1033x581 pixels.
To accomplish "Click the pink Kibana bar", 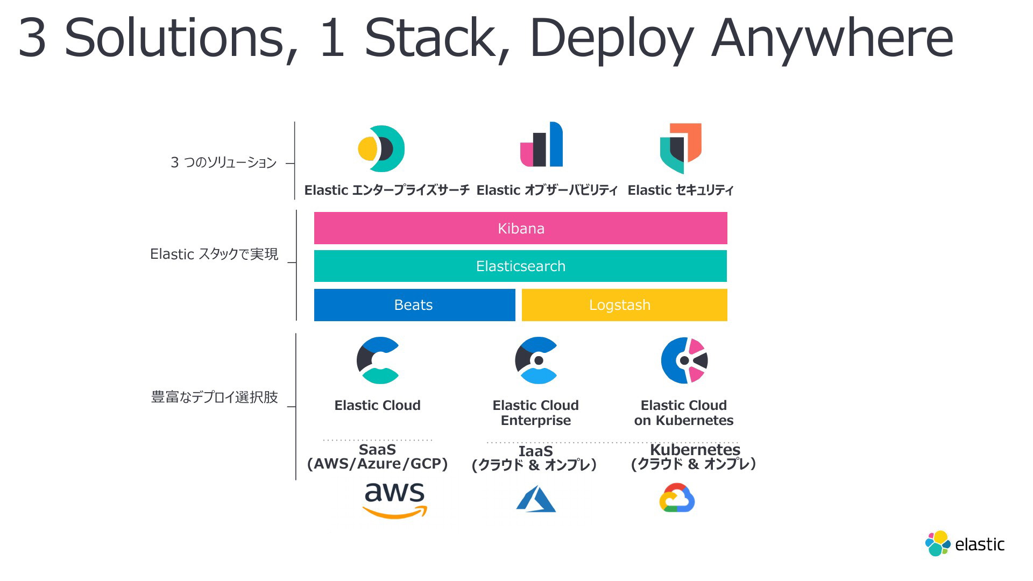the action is [520, 228].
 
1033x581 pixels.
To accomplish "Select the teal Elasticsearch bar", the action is [520, 266].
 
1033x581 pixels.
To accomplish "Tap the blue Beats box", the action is [414, 305].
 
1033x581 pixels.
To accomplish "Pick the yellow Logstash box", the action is [624, 305].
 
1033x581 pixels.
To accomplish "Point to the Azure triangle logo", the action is [536, 499].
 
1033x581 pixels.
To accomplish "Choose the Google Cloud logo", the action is [677, 498].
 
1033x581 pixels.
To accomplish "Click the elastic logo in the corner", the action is [965, 543].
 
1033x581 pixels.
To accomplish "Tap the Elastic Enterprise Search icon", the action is [381, 149].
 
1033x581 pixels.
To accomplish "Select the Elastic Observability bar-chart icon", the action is [541, 144].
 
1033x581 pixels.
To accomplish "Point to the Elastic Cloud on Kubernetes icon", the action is [684, 360].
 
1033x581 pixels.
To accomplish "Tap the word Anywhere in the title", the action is [832, 38].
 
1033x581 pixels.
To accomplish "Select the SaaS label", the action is [377, 449].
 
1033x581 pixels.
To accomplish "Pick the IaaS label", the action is [535, 451].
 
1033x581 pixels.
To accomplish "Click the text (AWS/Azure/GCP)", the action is [377, 464].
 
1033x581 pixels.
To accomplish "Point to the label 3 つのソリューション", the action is [223, 162].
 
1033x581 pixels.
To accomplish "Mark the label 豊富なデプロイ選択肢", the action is [214, 397].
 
